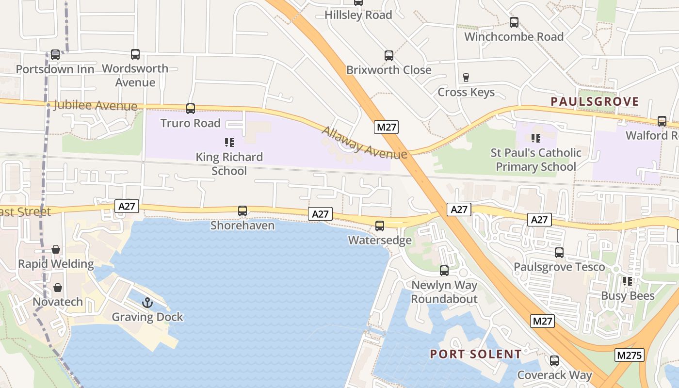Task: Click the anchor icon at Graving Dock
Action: tap(147, 303)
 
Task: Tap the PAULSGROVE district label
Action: tap(595, 102)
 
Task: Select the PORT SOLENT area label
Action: tap(476, 354)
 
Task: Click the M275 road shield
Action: tap(629, 355)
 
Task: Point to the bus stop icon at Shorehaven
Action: tap(242, 211)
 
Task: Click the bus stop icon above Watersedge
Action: tap(380, 226)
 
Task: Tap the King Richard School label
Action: tap(229, 164)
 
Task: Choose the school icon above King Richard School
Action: tap(229, 143)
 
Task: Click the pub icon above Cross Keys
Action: tap(466, 78)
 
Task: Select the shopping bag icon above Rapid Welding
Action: tap(56, 249)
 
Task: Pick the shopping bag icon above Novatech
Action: tap(58, 288)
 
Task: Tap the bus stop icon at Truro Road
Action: tap(191, 109)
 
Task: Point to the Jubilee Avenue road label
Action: tap(96, 105)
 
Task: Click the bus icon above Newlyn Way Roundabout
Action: tap(444, 271)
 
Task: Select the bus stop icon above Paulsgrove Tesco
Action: tap(559, 253)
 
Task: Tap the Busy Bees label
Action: tap(628, 296)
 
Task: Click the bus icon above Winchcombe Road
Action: tap(514, 22)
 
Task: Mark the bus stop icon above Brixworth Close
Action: tap(389, 56)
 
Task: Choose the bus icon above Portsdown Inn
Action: tap(55, 55)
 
